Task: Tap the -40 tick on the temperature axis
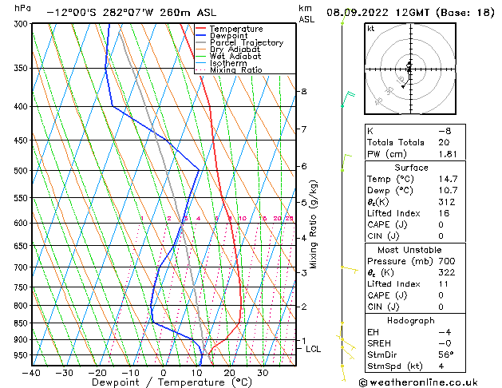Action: (32, 373)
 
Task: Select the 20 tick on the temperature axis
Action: (229, 373)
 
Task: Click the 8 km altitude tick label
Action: (303, 92)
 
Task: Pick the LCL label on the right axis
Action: (313, 349)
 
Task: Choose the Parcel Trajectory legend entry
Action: (246, 43)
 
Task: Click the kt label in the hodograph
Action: (370, 29)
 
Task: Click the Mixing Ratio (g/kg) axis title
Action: (314, 224)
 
